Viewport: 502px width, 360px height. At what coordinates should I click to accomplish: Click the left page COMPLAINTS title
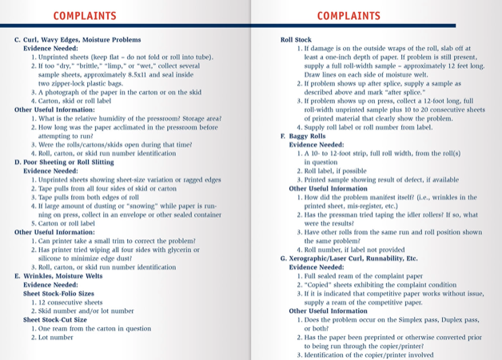coord(84,15)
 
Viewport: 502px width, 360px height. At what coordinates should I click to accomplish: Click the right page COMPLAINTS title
coord(348,15)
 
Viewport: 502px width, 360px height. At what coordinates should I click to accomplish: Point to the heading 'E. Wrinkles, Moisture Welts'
coord(58,276)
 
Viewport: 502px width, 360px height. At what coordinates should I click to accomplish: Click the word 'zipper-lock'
coord(73,83)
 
